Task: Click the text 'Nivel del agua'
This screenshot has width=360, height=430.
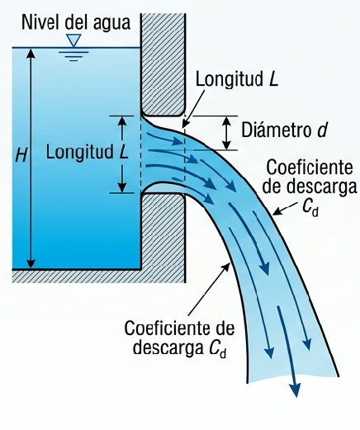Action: coord(76,23)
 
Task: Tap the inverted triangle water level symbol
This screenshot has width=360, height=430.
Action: coord(74,40)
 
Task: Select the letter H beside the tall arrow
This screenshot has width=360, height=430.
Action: coord(21,154)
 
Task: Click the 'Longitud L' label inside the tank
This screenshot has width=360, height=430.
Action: coord(88,152)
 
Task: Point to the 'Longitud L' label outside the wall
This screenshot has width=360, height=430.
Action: coord(237,80)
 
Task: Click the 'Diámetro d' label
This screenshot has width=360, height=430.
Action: coord(285,130)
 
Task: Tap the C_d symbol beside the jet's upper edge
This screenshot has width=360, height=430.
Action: coord(310,208)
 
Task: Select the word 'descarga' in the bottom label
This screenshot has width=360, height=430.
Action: coord(168,348)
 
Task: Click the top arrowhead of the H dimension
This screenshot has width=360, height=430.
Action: coord(31,53)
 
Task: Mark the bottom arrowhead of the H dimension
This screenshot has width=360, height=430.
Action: coord(31,263)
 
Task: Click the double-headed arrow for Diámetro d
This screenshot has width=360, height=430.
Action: coord(226,133)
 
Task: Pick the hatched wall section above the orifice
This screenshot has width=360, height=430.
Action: coord(163,64)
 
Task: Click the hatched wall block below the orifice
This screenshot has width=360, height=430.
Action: coord(163,238)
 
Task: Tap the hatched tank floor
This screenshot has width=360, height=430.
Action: coord(77,276)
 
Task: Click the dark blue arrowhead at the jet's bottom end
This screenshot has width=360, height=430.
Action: coord(296,390)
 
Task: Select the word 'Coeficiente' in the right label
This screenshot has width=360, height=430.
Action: coord(310,168)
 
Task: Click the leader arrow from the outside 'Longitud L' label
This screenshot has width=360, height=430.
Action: coord(194,109)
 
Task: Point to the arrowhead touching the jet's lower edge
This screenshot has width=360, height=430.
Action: coord(226,267)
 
